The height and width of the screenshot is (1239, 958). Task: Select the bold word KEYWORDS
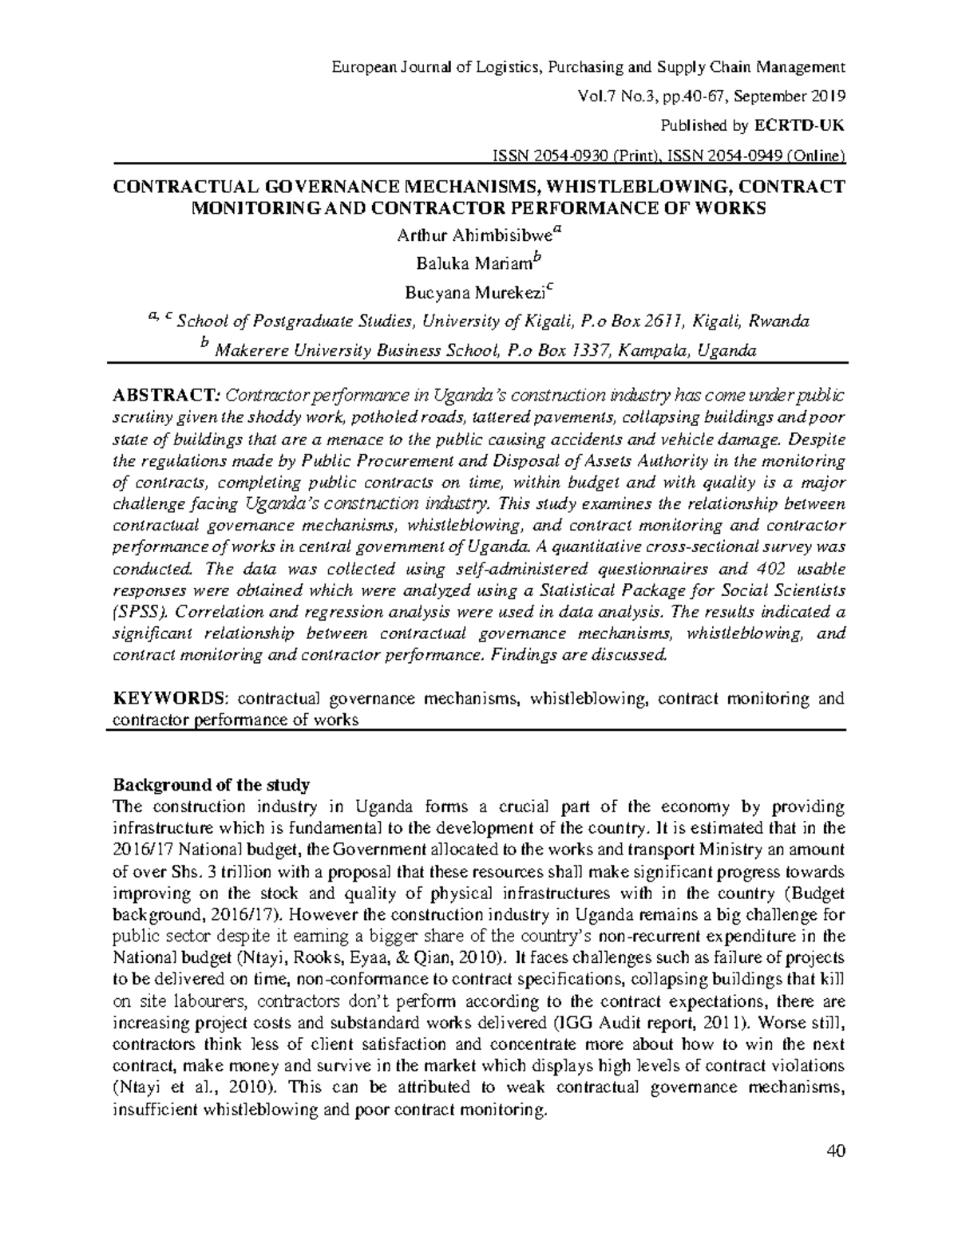pos(170,699)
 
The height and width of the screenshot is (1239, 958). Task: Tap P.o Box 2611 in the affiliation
pos(633,322)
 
